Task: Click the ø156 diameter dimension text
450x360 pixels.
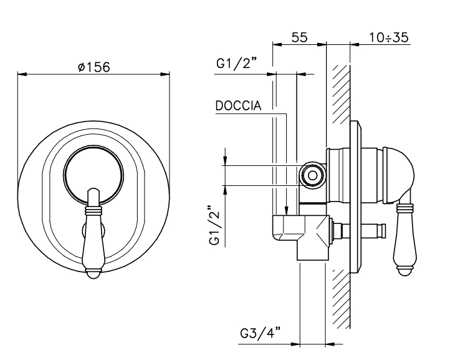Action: [x=94, y=67]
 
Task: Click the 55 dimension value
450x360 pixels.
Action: [x=300, y=37]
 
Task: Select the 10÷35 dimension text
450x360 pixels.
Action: [x=388, y=37]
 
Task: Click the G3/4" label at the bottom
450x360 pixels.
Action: [x=261, y=334]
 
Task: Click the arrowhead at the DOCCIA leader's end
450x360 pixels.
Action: [x=286, y=212]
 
